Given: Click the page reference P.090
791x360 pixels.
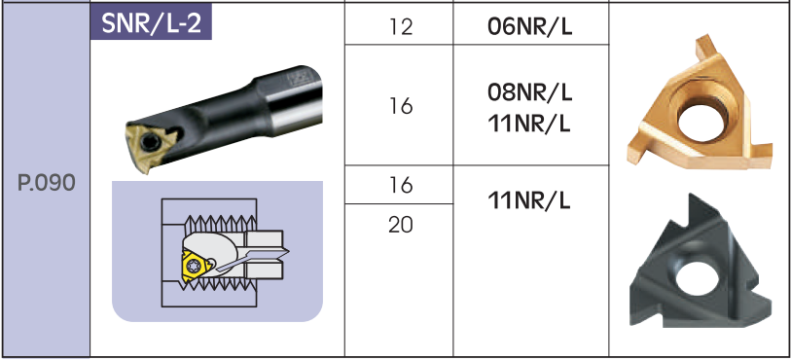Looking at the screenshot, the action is pos(46,184).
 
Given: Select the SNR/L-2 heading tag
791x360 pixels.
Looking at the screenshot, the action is pos(151,23).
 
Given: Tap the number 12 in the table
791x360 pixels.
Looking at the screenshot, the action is pos(401,26).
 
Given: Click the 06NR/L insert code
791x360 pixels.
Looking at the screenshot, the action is pos(529,26).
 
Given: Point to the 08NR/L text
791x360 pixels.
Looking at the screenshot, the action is pos(529,92).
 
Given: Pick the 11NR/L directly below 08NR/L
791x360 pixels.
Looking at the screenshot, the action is pos(529,124).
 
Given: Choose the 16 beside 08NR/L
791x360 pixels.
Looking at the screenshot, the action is pos(401,106).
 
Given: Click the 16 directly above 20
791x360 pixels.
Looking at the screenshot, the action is pos(401,185).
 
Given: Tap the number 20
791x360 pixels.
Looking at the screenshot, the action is pos(401,225).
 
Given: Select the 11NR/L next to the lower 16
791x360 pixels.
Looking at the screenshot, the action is pos(529,201).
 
